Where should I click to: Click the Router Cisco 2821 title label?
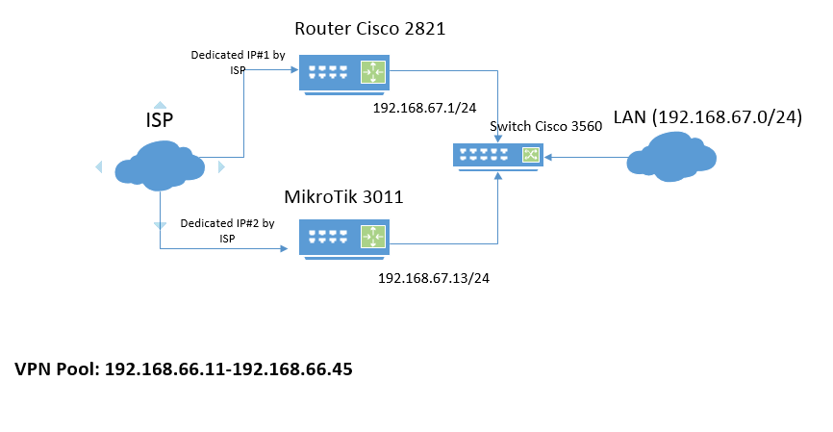[x=369, y=29]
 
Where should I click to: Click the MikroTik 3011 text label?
[x=343, y=196]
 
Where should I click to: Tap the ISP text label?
[x=160, y=121]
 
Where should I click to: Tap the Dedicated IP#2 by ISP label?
[x=227, y=230]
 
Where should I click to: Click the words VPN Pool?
[x=56, y=369]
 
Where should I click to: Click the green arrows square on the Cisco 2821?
[x=372, y=72]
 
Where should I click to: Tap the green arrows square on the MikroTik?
[x=372, y=237]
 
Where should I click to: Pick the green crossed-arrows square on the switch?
[x=529, y=154]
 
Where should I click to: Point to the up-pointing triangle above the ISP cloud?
[x=161, y=104]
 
